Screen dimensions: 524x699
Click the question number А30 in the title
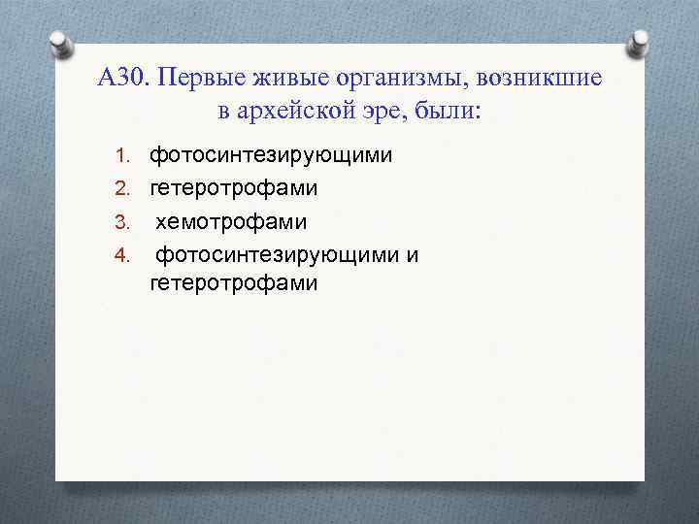coord(122,77)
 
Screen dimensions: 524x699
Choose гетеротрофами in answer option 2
coord(233,188)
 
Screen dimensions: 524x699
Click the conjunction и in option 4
coord(413,255)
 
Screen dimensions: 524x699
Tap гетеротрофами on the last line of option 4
coord(233,282)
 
